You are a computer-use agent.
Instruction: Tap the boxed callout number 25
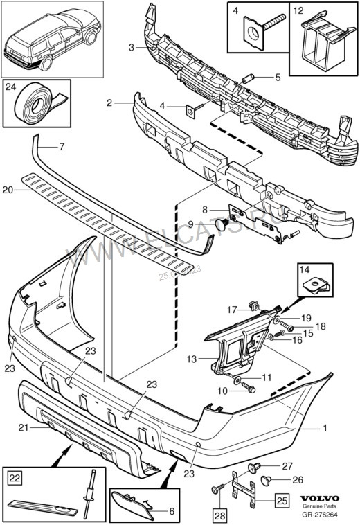[x=282, y=498]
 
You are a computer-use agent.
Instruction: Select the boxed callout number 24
[x=11, y=88]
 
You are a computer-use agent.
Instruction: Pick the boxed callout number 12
[x=298, y=10]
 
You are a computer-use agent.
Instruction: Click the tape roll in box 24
[x=34, y=105]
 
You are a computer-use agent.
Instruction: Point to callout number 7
[x=61, y=147]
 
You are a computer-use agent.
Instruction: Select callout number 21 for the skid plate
[x=24, y=427]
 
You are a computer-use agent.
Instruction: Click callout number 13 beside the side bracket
[x=192, y=359]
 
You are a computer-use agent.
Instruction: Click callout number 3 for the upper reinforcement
[x=132, y=47]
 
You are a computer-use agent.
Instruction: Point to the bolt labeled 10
[x=249, y=390]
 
